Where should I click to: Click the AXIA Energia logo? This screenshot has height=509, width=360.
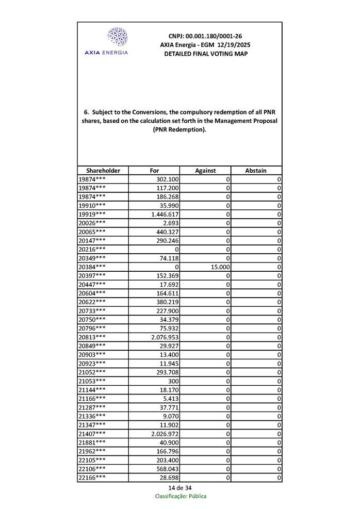click(x=117, y=41)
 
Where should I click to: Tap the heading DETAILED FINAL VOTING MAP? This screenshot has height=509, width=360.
click(x=205, y=54)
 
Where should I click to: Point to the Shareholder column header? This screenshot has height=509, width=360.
click(x=103, y=171)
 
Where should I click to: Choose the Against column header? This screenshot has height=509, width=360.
click(x=205, y=171)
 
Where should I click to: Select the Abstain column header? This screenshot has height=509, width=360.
click(x=256, y=171)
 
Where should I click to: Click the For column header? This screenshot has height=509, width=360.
click(x=154, y=171)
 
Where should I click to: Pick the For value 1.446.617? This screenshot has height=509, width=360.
click(x=165, y=214)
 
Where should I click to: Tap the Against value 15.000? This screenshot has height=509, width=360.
click(x=219, y=267)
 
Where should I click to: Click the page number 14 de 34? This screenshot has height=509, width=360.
click(x=180, y=488)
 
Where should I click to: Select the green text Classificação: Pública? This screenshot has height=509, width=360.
click(x=181, y=496)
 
